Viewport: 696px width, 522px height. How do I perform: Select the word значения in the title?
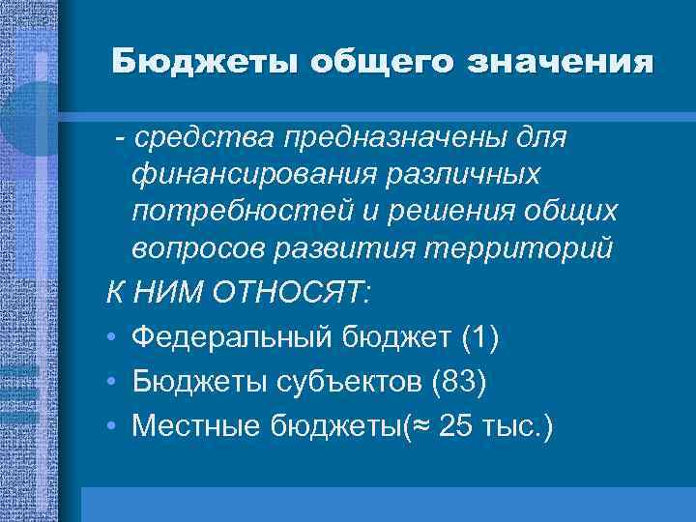(561, 63)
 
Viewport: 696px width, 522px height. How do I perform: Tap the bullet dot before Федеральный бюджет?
(113, 338)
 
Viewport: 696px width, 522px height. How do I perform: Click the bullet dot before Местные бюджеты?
(113, 425)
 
